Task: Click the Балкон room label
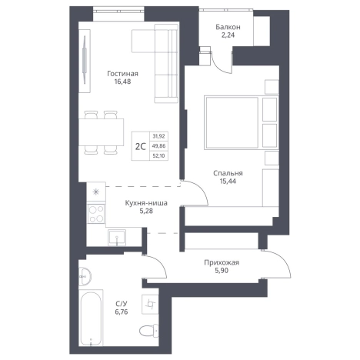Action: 228,27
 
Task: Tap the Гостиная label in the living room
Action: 122,74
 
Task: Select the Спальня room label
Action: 228,173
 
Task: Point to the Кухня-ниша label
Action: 146,203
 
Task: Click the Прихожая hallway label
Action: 222,262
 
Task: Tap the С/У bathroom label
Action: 122,304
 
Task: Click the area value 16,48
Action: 122,82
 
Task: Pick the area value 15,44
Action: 228,182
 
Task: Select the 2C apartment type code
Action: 140,146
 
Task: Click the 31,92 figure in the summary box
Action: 159,136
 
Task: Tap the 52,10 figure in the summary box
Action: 159,155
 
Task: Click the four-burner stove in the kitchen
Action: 96,213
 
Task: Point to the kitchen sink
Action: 117,238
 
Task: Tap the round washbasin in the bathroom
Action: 84,276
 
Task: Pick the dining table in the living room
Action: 101,132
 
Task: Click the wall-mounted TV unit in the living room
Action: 85,61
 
